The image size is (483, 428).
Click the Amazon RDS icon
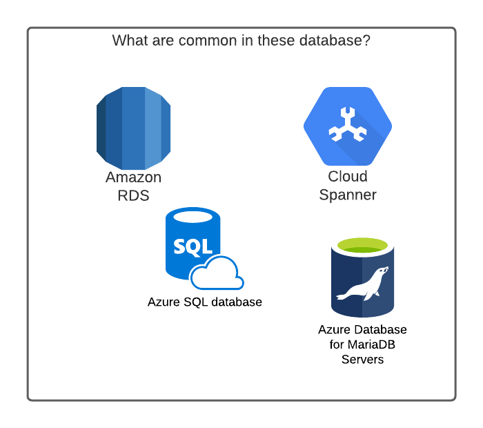133,128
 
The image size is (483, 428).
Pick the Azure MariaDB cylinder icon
362,276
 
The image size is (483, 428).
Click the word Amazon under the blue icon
133,177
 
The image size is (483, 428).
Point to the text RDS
133,195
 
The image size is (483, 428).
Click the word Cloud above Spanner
348,177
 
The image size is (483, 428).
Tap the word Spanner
348,195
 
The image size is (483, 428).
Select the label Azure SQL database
205,302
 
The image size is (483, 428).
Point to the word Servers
362,360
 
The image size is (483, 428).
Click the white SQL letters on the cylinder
193,246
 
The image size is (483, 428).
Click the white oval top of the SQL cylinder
193,216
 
